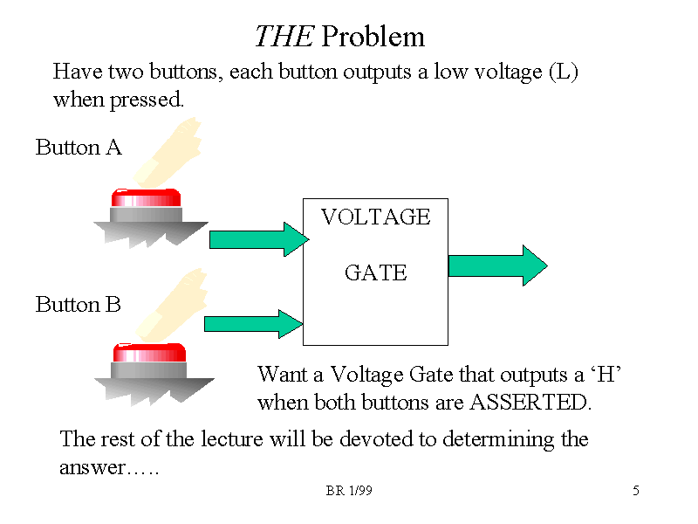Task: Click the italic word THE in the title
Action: tap(284, 37)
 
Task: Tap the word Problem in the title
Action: tap(373, 37)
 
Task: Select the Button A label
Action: tap(79, 148)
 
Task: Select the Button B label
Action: tap(79, 305)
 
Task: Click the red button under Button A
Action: tap(146, 197)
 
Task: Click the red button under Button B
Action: tap(149, 353)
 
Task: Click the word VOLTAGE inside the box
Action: tap(376, 217)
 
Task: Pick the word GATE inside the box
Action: tap(376, 273)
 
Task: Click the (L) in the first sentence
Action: tap(564, 72)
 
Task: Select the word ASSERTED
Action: tap(530, 403)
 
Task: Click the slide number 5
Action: tap(636, 492)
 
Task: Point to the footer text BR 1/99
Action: tap(349, 492)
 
